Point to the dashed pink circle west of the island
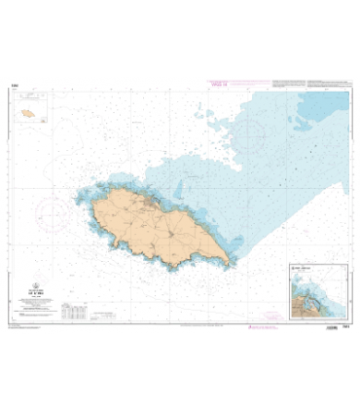[x=51, y=209]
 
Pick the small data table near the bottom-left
[x=73, y=312]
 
